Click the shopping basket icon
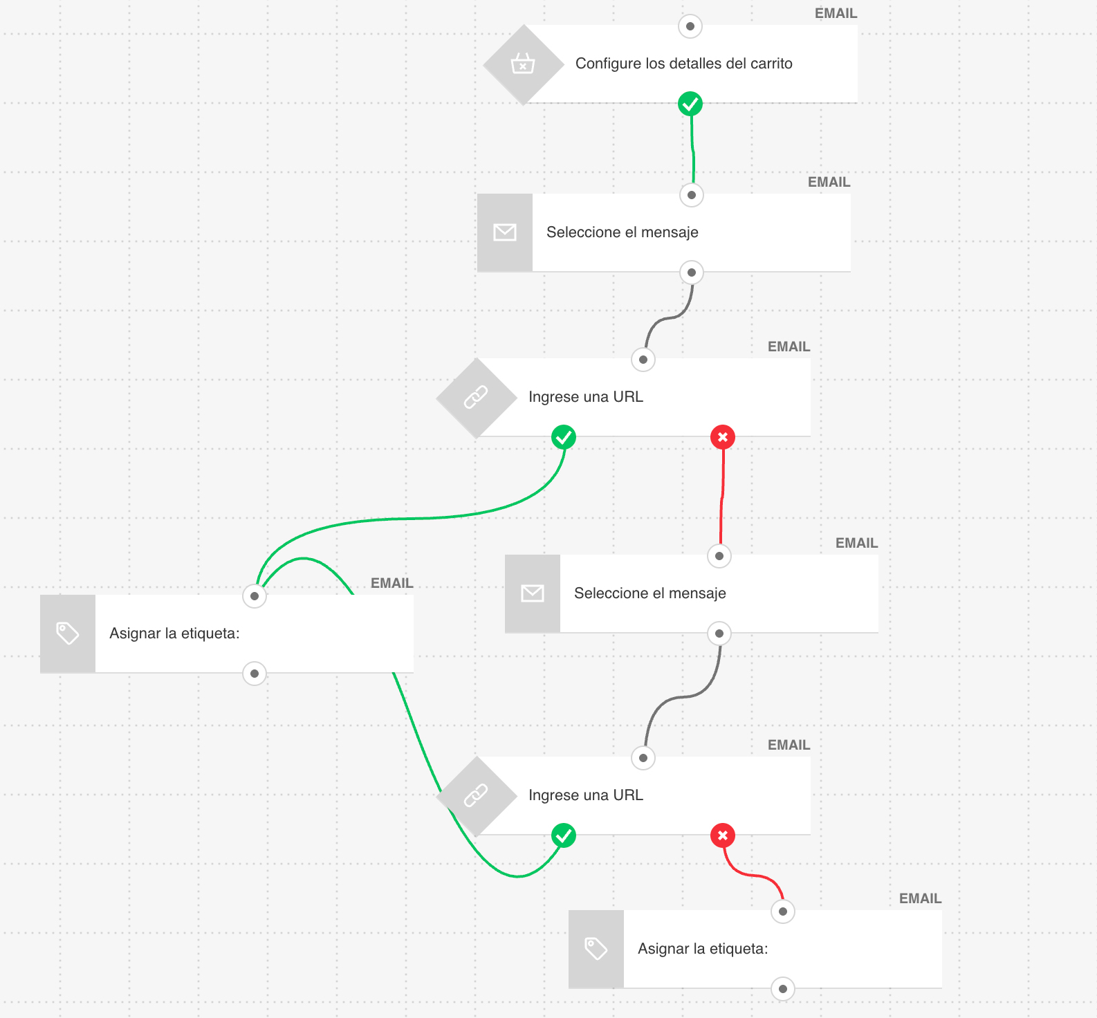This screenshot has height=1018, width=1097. pos(523,64)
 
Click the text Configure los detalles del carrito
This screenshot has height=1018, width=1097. pos(683,64)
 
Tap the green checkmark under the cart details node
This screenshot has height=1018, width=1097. pos(690,104)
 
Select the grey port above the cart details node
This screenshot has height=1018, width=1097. pos(690,26)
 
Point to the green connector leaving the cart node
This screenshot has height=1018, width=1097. pos(692,149)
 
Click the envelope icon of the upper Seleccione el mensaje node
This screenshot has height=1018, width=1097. pos(505,232)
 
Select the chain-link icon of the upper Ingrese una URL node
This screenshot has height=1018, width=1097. pos(476,397)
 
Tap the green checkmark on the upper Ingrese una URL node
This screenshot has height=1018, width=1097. pos(564,437)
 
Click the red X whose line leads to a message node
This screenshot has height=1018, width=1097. pos(723,437)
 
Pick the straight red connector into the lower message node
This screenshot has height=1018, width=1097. pos(722,498)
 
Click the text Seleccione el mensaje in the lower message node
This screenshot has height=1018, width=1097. pos(649,593)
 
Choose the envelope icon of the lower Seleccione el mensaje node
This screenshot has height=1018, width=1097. pos(533,593)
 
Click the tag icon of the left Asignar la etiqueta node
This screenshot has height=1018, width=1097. pos(68,633)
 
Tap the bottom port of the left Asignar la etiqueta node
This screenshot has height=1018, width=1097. pos(255,674)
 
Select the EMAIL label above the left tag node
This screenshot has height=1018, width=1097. pos(391,583)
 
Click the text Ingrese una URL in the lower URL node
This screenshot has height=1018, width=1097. pos(585,795)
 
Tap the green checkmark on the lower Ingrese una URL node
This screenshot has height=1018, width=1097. pos(564,835)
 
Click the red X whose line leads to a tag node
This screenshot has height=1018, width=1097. pos(723,835)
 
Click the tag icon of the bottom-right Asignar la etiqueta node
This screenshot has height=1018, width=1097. pos(596,949)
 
